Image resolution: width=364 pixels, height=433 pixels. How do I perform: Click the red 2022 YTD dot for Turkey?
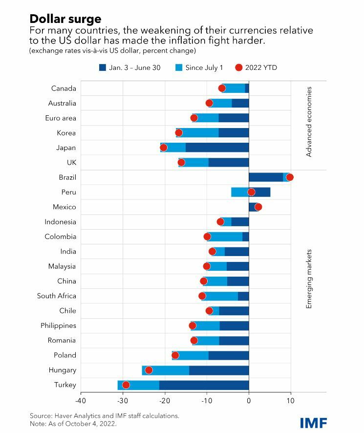coord(126,385)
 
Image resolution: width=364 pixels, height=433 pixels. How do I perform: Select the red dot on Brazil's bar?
coord(290,177)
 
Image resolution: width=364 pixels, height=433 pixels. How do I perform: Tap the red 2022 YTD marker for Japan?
coord(164,148)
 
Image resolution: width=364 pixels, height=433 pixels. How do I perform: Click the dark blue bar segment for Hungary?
coord(219,370)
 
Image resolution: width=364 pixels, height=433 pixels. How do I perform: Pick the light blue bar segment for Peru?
coord(239,192)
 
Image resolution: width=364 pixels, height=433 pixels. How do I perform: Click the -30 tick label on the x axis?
coord(123,402)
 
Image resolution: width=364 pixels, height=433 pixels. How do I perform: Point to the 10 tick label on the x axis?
coord(291,402)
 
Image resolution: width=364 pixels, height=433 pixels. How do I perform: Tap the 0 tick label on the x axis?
coord(249,402)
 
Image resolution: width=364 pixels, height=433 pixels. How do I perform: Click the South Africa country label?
coord(57,296)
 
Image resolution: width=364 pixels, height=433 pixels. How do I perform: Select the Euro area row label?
coord(61,118)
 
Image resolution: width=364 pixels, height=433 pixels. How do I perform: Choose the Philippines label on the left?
coord(58,325)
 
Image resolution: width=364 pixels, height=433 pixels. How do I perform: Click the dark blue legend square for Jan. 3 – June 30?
coord(103,67)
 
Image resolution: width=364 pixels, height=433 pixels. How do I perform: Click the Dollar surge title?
coord(65,19)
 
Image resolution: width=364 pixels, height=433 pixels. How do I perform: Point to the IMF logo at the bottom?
coord(313,422)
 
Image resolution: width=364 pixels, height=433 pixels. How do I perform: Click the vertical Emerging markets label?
coord(309,279)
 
